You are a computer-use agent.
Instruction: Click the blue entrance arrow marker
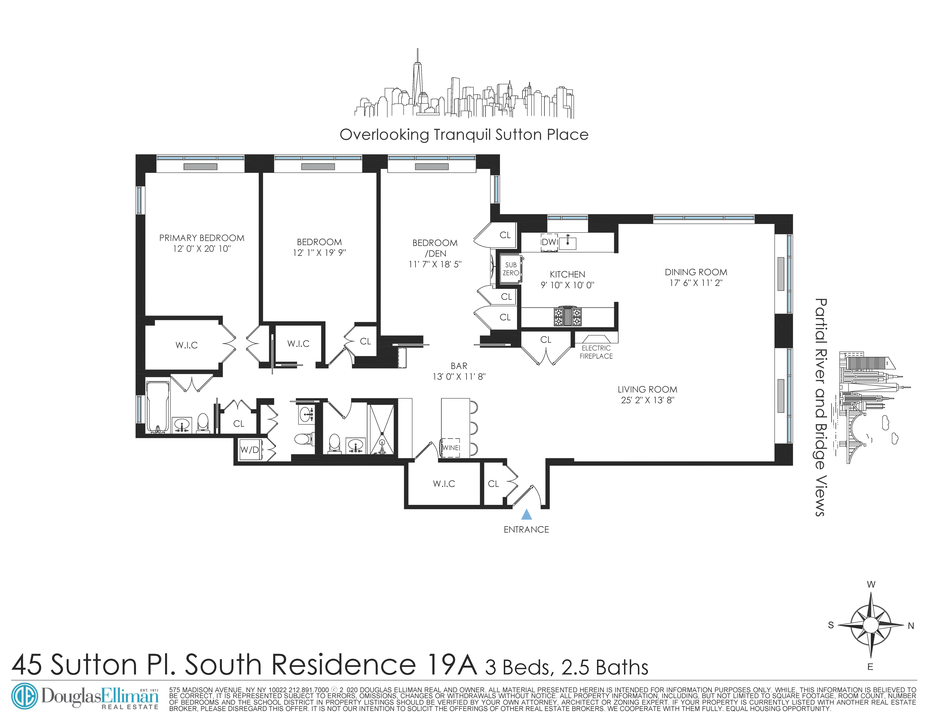click(x=526, y=515)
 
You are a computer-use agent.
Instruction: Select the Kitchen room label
click(x=567, y=274)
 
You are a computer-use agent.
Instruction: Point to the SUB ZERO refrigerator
click(x=510, y=269)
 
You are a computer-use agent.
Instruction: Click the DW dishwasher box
click(x=549, y=242)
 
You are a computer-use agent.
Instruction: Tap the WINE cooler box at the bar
click(x=450, y=447)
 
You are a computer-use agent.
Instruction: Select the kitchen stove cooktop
click(x=567, y=316)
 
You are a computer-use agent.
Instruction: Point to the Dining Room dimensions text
click(x=696, y=283)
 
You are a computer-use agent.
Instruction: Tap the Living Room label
click(x=647, y=389)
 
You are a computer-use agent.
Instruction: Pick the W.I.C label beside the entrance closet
click(x=444, y=484)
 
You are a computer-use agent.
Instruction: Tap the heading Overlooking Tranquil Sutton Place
click(x=464, y=135)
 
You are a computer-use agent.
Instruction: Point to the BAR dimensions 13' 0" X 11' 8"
click(x=459, y=376)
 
